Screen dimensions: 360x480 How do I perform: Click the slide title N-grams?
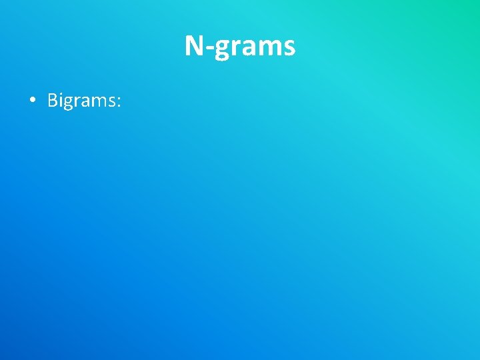240,47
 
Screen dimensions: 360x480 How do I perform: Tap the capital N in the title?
194,46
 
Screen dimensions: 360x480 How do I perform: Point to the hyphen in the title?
209,49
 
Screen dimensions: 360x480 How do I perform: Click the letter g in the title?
221,49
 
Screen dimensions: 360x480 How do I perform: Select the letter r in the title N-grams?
235,49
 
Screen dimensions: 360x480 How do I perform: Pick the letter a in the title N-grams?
247,49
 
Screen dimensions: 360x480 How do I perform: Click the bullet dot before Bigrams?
32,101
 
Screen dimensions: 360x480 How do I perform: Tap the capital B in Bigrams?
53,100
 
